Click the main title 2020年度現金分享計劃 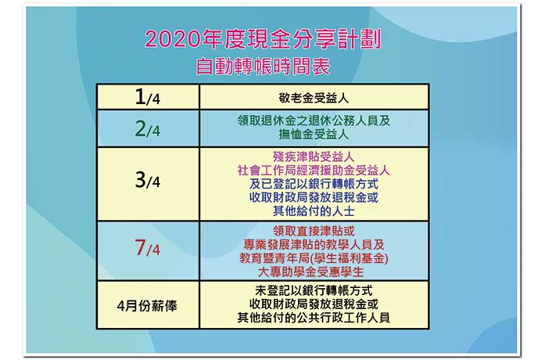263,39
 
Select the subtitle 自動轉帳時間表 263,67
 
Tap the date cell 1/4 147,97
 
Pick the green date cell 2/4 147,128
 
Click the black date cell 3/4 147,180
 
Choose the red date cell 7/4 147,247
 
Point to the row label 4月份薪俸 147,306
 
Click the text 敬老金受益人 314,98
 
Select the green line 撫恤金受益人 314,135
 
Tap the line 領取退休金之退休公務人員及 314,121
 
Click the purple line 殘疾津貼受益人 314,157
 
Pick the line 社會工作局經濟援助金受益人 314,171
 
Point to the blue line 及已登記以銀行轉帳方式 314,184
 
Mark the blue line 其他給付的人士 314,211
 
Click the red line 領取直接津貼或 314,231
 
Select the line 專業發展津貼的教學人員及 314,244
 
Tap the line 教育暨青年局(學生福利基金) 314,258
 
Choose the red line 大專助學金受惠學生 310,272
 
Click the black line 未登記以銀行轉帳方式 314,290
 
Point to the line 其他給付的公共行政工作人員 314,318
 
